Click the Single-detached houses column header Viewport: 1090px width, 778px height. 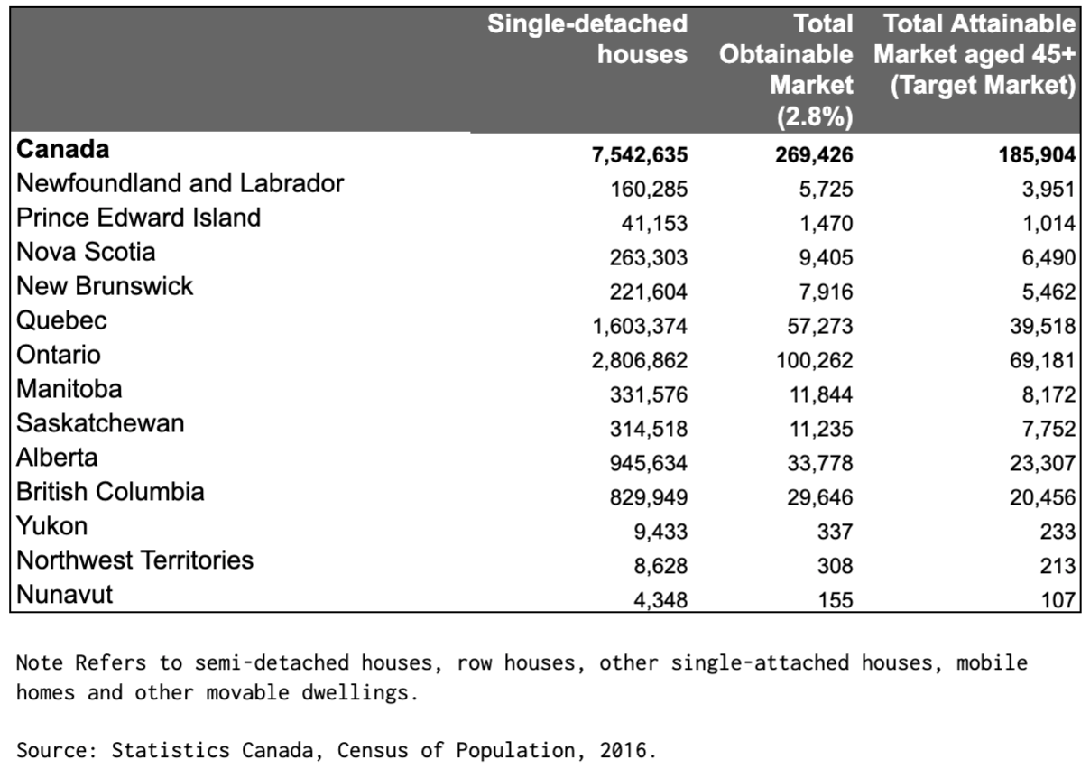(587, 39)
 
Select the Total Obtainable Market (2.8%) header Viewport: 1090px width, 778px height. (786, 70)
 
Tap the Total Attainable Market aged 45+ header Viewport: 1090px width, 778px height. (975, 54)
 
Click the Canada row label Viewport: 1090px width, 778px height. (62, 150)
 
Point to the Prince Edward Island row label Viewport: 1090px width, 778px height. (139, 218)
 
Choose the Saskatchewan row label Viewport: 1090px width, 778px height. (100, 423)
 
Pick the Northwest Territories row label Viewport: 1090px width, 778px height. (135, 560)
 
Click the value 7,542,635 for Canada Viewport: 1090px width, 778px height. (640, 155)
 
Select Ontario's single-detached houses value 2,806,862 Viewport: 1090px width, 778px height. (640, 361)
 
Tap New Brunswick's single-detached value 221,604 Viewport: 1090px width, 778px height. (649, 292)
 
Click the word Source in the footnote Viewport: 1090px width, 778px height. (45, 751)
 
